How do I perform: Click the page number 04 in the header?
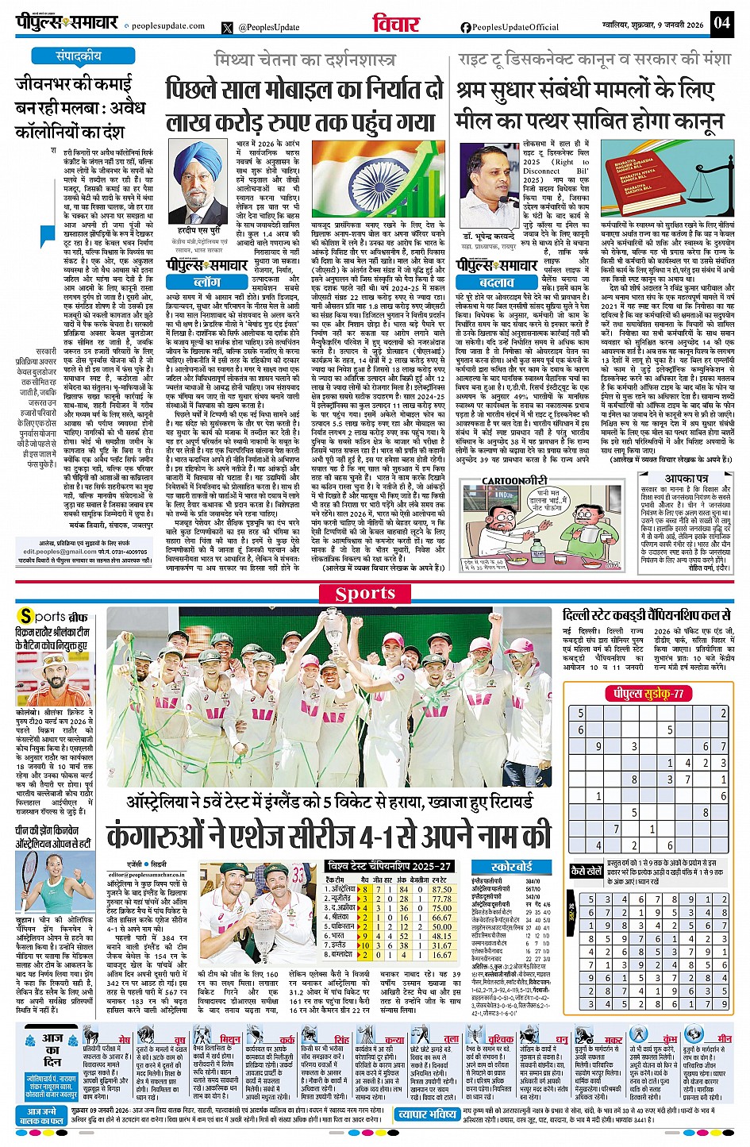tap(721, 22)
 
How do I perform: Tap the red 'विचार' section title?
tap(396, 24)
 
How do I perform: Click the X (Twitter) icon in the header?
tap(227, 28)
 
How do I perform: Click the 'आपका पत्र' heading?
tap(687, 479)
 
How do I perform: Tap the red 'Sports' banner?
tap(365, 594)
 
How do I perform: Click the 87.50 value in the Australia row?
tap(441, 889)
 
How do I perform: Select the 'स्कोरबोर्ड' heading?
tap(511, 867)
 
